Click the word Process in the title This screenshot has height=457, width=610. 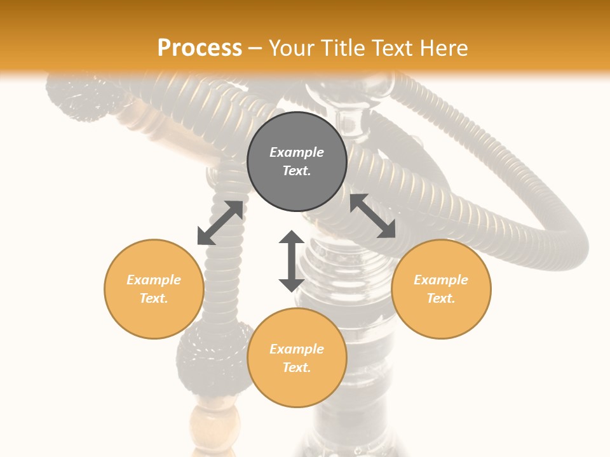[200, 48]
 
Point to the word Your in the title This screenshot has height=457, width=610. [292, 48]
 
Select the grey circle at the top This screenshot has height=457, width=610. [297, 162]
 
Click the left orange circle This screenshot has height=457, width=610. [154, 289]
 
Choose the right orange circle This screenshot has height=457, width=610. [441, 289]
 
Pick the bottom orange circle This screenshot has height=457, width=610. [297, 358]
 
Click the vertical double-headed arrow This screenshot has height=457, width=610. [292, 262]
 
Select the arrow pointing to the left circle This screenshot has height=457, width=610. [220, 223]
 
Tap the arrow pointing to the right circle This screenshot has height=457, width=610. [372, 216]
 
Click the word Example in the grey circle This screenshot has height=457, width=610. [297, 152]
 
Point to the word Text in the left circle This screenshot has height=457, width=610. [154, 298]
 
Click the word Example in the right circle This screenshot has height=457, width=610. [441, 280]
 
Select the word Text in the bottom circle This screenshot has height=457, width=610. [297, 368]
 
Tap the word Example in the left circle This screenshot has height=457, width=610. [154, 280]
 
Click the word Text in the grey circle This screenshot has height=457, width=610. [297, 171]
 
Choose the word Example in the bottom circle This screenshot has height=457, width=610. [297, 349]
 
